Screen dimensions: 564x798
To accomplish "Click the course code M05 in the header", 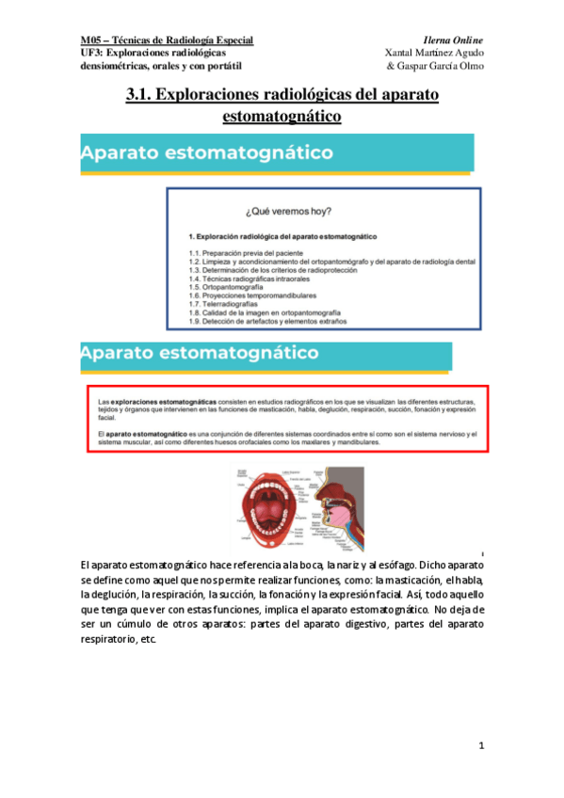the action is coord(91,40).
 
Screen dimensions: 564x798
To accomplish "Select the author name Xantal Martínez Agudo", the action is coord(435,53).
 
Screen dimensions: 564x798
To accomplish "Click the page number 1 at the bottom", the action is coord(481,746).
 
